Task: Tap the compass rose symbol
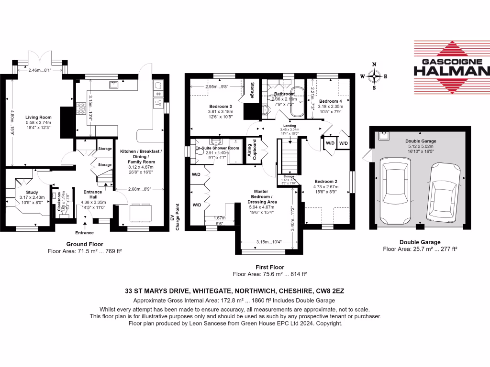(375, 76)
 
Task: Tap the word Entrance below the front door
(84, 233)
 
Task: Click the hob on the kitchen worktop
(79, 111)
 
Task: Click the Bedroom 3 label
(221, 107)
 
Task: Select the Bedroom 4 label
(331, 101)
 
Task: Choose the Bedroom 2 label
(325, 181)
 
